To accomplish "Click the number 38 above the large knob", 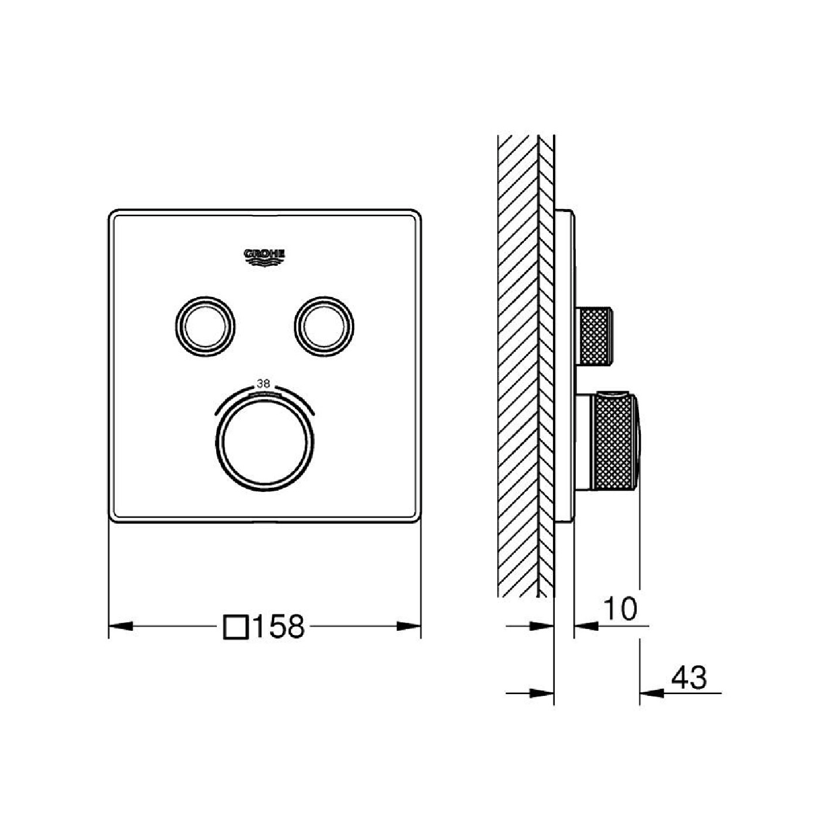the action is tap(264, 384).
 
